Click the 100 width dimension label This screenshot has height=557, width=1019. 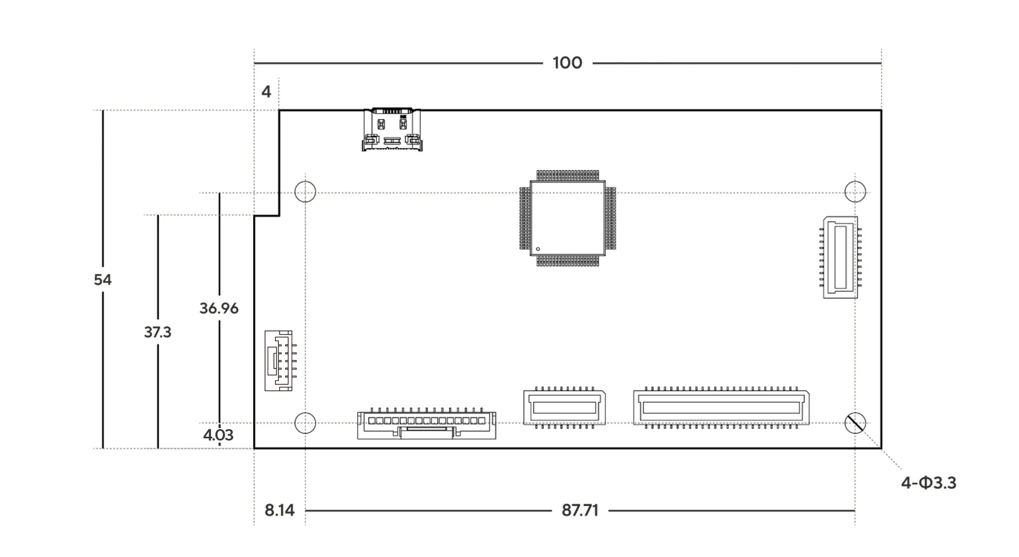coord(567,63)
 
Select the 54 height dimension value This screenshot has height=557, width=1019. coord(102,280)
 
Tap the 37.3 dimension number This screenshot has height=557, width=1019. coord(157,332)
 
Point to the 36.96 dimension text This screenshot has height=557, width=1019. coord(219,308)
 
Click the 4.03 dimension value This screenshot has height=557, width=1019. coord(218,435)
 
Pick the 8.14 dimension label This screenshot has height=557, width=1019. coord(279,510)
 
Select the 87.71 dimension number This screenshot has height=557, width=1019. coord(580,510)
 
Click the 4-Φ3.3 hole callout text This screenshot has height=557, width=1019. coord(928,483)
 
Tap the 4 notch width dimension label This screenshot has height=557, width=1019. coord(266,92)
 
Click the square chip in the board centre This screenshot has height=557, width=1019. coord(567,218)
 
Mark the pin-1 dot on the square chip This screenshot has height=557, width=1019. coord(538,249)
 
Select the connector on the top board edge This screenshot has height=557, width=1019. coord(392,129)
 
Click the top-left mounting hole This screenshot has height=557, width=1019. coord(305,192)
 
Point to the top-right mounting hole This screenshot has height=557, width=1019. coord(855,192)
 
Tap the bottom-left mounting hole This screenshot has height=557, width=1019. coord(305,423)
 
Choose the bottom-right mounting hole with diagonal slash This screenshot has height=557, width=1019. coord(855,423)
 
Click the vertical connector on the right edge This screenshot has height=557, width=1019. coord(841,257)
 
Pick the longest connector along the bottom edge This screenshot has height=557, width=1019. coord(721,407)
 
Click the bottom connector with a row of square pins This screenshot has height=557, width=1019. coord(427,424)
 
